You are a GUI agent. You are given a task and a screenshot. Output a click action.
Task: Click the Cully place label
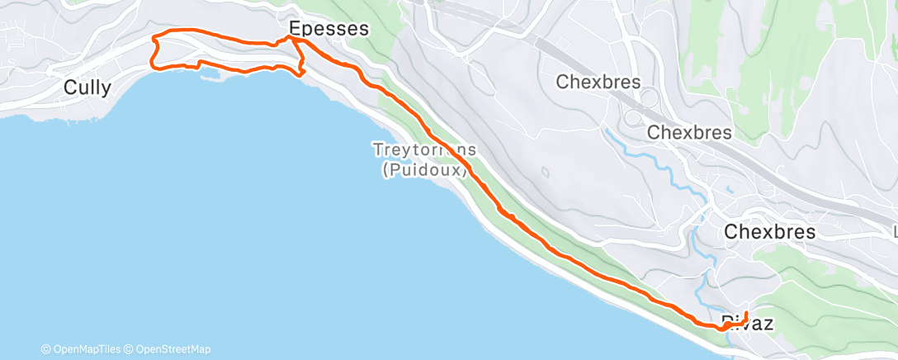pos(87,88)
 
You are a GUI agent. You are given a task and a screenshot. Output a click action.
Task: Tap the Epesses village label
pos(328,29)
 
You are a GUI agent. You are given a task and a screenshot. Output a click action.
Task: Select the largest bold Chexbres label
pos(769,232)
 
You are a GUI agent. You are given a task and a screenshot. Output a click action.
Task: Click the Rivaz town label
pos(747,324)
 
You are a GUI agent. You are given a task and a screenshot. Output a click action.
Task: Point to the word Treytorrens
pos(425,150)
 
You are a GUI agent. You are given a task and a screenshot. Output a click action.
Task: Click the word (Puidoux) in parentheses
pos(425,171)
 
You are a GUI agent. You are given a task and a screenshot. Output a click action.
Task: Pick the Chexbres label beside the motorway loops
pos(689,132)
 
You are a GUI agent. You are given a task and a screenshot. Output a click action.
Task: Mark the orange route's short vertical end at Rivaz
pos(745,317)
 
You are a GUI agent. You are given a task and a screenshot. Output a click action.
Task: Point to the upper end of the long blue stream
pos(607,130)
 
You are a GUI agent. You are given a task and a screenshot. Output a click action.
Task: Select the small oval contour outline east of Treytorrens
pos(545,172)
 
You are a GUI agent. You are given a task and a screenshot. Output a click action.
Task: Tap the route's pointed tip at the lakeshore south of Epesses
pos(305,72)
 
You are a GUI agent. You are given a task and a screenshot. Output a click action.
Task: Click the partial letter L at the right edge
pos(895,232)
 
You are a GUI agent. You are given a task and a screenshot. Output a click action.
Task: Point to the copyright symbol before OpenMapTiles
pos(46,349)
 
